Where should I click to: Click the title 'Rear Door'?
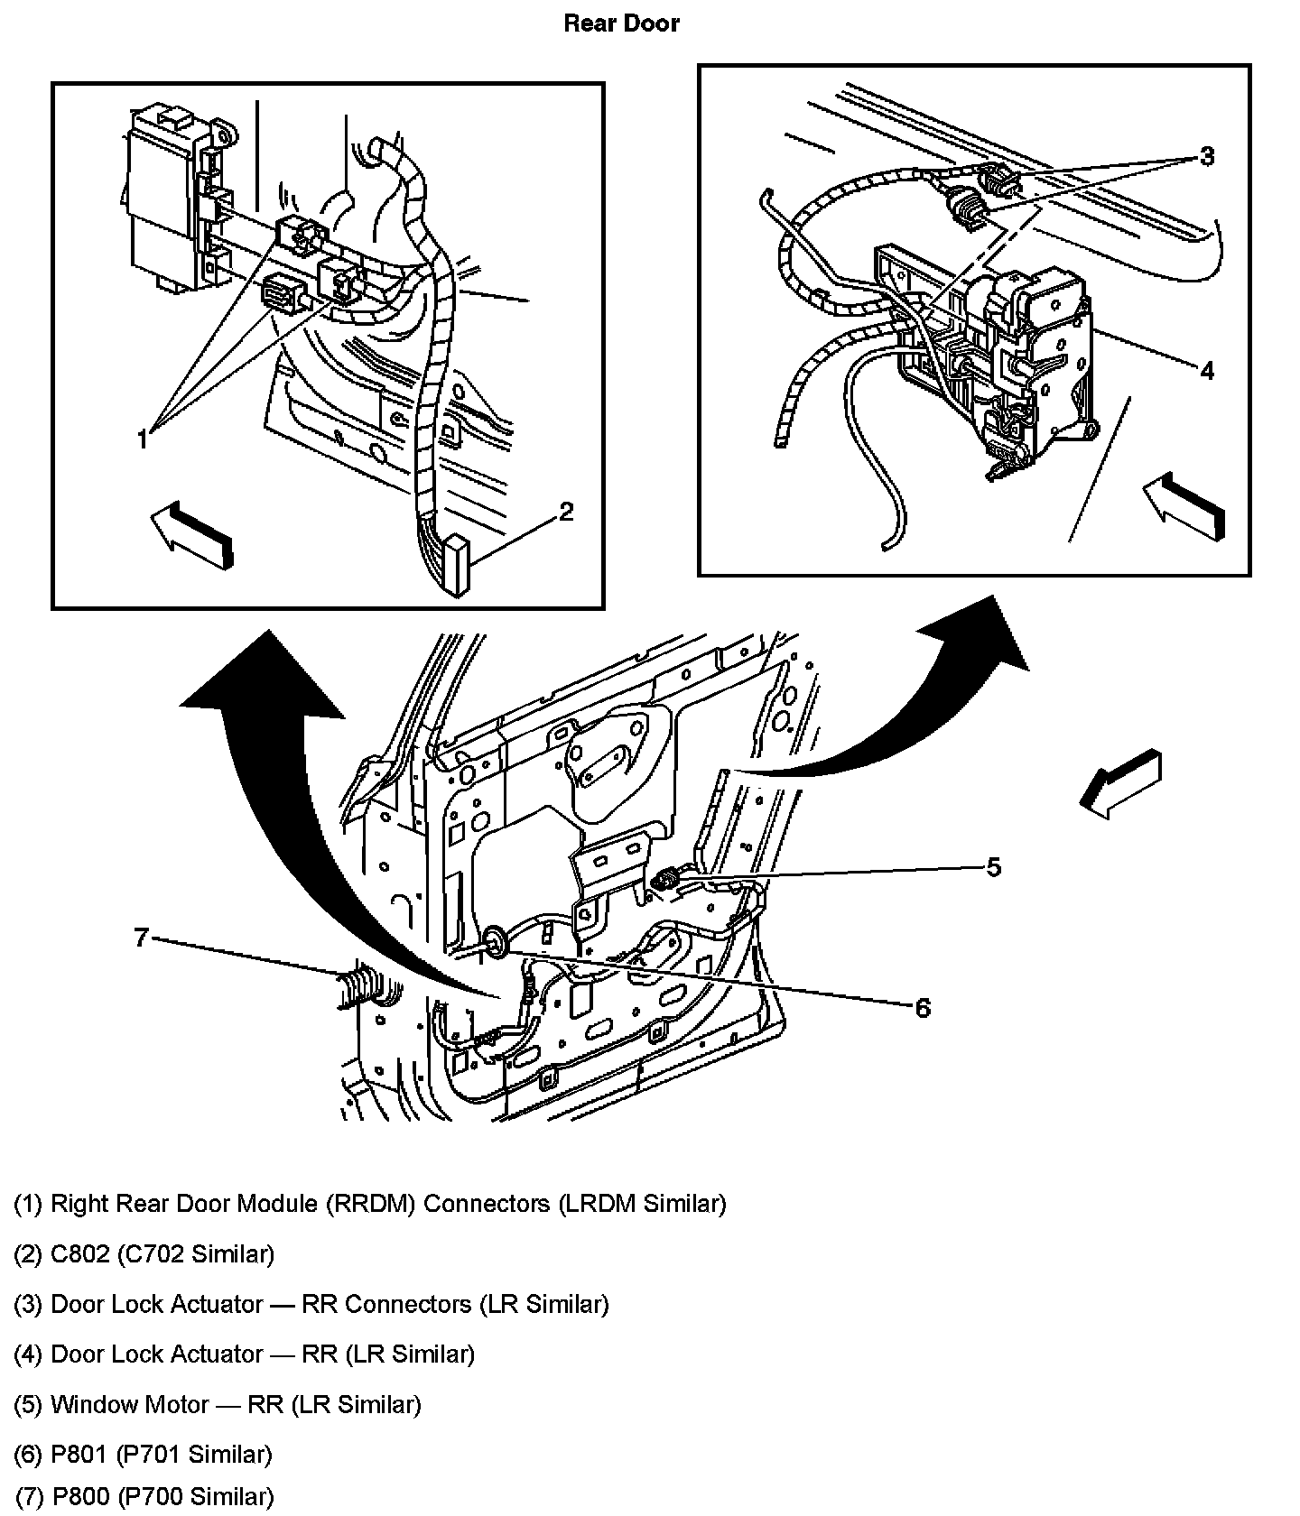[621, 23]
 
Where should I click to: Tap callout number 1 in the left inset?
[142, 439]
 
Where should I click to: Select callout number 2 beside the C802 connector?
[566, 512]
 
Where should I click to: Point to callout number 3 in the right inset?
[1207, 157]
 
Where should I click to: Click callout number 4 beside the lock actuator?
[1207, 370]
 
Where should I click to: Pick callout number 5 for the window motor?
[993, 867]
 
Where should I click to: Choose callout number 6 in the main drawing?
[922, 1008]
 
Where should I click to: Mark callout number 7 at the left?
[141, 938]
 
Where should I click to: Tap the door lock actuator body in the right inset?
[1038, 361]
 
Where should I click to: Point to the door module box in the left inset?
[162, 199]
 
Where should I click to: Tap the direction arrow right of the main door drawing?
[1120, 783]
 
